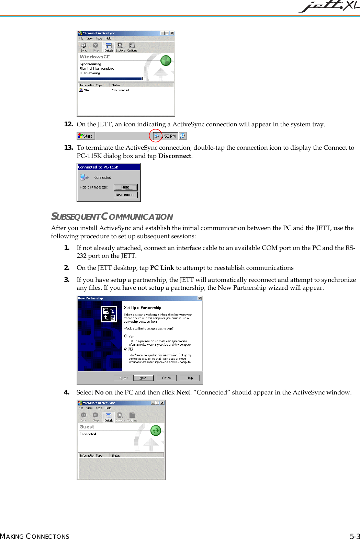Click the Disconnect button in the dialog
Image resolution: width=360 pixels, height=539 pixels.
pyautogui.click(x=125, y=195)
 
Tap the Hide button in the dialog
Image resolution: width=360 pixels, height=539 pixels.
pyautogui.click(x=125, y=187)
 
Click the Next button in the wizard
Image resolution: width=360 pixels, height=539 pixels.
pyautogui.click(x=144, y=378)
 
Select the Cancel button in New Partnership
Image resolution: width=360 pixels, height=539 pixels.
pyautogui.click(x=167, y=378)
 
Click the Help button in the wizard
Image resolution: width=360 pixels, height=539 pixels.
pyautogui.click(x=190, y=378)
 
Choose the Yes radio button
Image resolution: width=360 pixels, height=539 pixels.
pyautogui.click(x=126, y=336)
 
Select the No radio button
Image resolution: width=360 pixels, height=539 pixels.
pyautogui.click(x=126, y=349)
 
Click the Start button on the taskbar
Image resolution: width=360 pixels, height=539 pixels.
pyautogui.click(x=86, y=136)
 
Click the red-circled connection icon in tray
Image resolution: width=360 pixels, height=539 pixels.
pyautogui.click(x=156, y=136)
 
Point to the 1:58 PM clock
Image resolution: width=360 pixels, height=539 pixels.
pyautogui.click(x=169, y=136)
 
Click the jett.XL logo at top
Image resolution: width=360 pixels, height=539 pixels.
pyautogui.click(x=329, y=6)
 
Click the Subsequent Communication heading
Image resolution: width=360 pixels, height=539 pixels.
pyautogui.click(x=112, y=217)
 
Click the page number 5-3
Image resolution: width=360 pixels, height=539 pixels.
pyautogui.click(x=355, y=536)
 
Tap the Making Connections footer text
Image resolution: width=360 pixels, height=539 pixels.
pyautogui.click(x=35, y=536)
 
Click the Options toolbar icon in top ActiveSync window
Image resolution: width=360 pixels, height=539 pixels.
pyautogui.click(x=132, y=47)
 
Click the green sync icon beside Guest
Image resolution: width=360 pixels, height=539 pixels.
pyautogui.click(x=156, y=431)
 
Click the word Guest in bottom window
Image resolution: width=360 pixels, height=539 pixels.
pyautogui.click(x=87, y=427)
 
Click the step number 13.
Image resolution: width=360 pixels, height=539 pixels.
pyautogui.click(x=68, y=148)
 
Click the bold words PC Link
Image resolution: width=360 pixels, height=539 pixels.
pyautogui.click(x=162, y=268)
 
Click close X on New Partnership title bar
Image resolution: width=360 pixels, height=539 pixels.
pyautogui.click(x=200, y=298)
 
